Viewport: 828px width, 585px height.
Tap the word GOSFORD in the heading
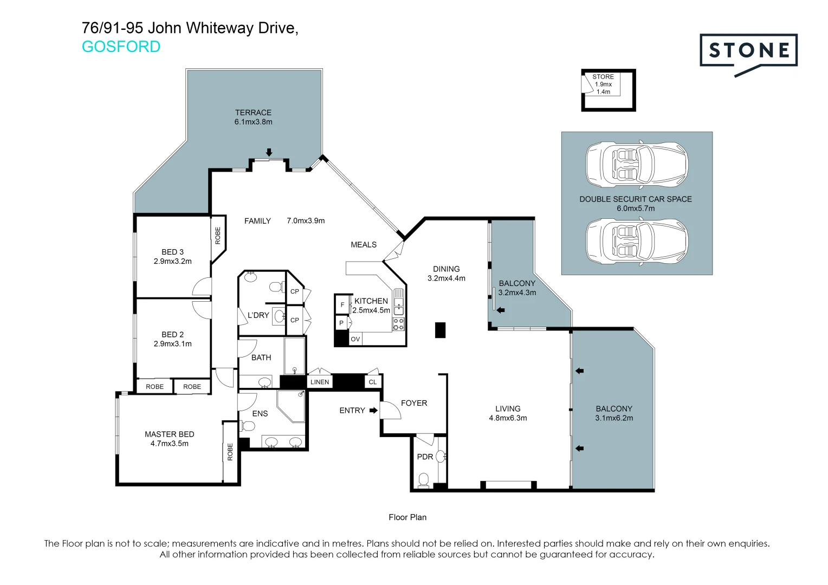(121, 47)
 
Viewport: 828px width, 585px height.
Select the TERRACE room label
(253, 112)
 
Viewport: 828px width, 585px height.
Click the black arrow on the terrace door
(269, 152)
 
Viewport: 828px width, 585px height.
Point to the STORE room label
(603, 77)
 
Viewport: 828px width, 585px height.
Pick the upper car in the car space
(637, 164)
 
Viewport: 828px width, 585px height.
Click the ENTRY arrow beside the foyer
(373, 410)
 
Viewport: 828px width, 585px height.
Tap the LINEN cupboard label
(320, 382)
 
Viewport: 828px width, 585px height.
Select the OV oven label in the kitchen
(355, 339)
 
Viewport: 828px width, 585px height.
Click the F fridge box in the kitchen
(342, 305)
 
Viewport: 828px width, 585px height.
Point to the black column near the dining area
(440, 330)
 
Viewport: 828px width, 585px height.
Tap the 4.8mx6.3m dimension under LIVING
(508, 418)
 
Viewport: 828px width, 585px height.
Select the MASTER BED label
(169, 434)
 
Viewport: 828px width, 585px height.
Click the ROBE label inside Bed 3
(218, 236)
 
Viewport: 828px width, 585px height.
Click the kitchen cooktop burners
(398, 324)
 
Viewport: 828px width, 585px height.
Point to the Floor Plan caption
(407, 517)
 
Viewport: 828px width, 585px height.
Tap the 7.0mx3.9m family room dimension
(306, 220)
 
